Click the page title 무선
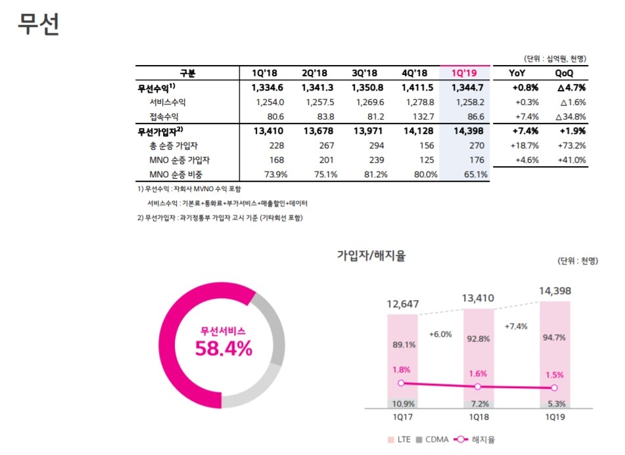tap(39, 24)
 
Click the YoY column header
tap(516, 73)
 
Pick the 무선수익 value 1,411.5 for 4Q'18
tap(419, 87)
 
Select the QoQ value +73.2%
tap(570, 145)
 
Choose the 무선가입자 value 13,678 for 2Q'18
tap(322, 131)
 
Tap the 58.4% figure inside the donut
tap(223, 349)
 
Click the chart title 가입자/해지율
tap(371, 256)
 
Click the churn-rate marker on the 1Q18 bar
tap(478, 386)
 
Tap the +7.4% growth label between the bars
tap(515, 326)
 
